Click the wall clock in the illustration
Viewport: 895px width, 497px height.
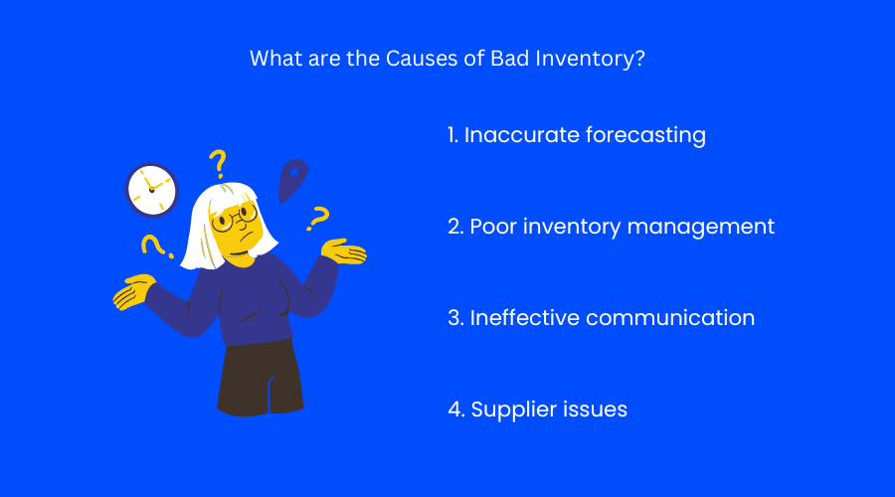point(151,190)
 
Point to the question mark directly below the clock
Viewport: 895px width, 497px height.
point(152,246)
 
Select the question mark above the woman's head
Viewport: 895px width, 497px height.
point(217,162)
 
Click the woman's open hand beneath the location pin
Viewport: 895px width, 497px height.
point(343,252)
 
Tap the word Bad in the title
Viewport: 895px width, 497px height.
point(509,58)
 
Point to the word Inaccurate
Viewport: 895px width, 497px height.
point(517,135)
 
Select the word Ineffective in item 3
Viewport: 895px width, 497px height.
point(524,318)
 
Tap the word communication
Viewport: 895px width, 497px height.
point(670,318)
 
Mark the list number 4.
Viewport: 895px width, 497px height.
point(454,410)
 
